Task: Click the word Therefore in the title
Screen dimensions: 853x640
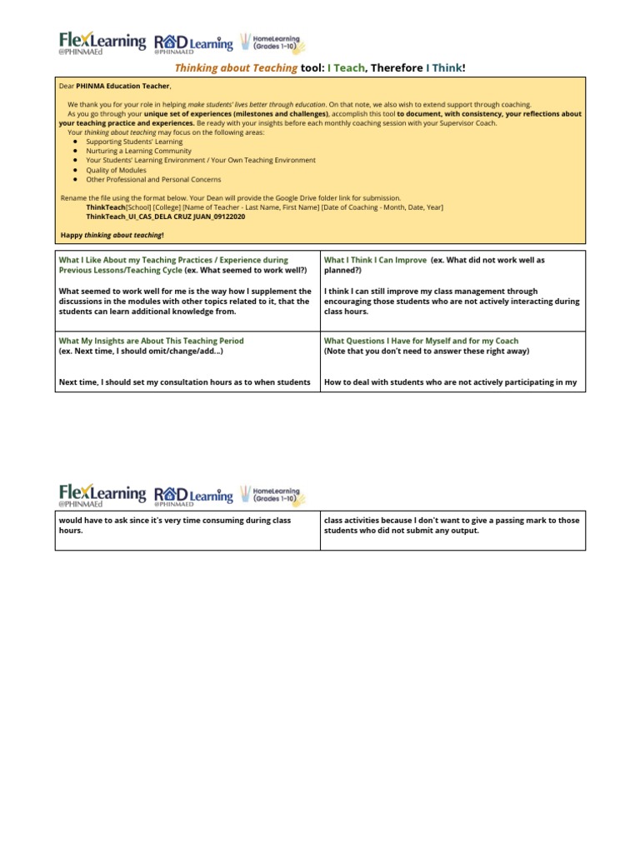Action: (x=395, y=67)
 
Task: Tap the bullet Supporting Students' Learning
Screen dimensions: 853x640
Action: (x=134, y=142)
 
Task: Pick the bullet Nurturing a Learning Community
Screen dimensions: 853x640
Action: (x=138, y=151)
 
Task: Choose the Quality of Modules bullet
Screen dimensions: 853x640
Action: (x=116, y=170)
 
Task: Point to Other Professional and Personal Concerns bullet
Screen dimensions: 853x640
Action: (x=153, y=179)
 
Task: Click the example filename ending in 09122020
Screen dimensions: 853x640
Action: (x=167, y=216)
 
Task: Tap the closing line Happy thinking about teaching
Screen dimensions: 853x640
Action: (x=112, y=235)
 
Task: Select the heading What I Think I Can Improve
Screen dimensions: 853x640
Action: (x=375, y=260)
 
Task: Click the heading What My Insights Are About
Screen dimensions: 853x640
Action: (x=151, y=341)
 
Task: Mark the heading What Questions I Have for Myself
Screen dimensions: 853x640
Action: (x=421, y=341)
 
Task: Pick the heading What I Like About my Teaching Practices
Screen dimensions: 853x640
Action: (x=173, y=260)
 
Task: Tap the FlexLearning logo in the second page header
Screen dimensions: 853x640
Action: (x=102, y=495)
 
